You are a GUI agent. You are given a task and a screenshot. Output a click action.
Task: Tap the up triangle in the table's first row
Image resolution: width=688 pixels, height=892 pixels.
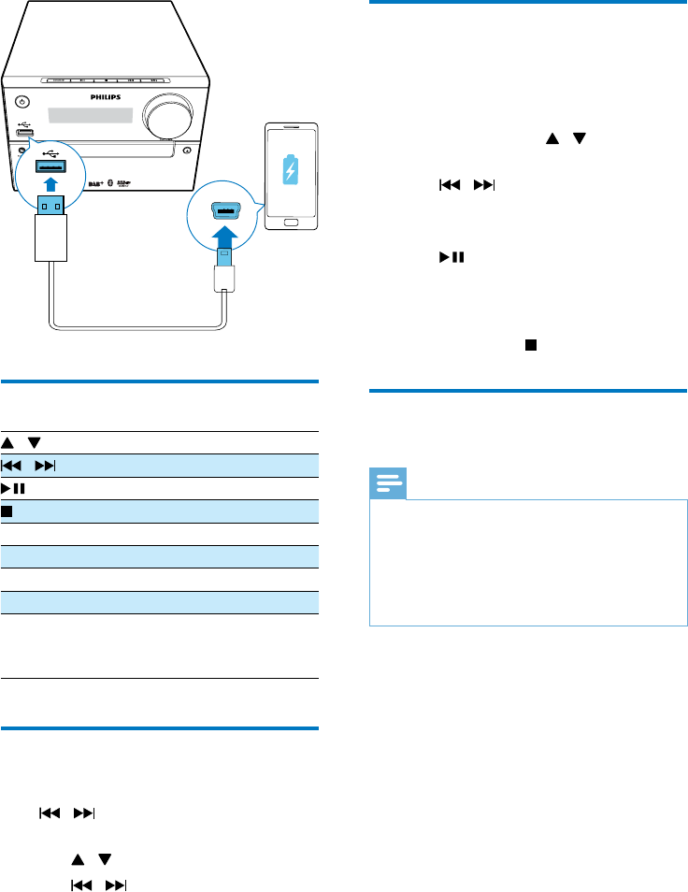click(8, 442)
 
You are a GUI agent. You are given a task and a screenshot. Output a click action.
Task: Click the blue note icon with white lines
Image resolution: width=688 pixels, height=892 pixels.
click(386, 483)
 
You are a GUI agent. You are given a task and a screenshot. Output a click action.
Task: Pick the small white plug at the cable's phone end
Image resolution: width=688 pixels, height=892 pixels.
click(223, 278)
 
